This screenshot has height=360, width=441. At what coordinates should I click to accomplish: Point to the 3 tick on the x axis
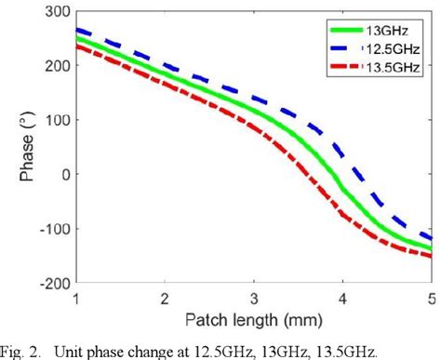coord(255,298)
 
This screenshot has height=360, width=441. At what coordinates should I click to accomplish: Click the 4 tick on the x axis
coord(344,298)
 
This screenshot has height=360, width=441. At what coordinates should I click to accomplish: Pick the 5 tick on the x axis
coord(433,298)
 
